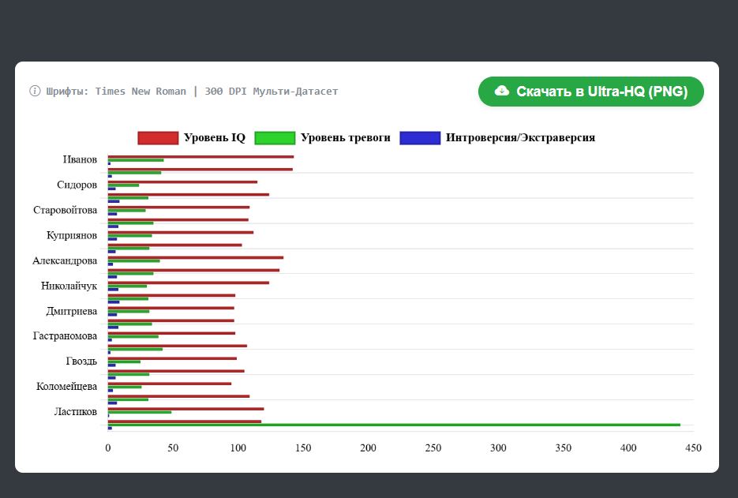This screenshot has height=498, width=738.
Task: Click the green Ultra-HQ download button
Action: coord(590,92)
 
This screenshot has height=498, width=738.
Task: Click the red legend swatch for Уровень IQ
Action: coord(158,138)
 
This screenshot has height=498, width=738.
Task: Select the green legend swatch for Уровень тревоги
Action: coord(275,138)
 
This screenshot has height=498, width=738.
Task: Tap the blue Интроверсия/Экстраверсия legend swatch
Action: coord(420,138)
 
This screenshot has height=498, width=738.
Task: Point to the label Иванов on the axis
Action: coord(80,159)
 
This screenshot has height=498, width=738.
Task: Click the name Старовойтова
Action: coord(65,210)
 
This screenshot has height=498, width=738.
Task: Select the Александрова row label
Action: coord(65,260)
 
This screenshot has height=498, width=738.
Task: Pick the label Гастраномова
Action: coord(65,336)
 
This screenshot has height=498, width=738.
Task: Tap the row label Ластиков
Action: coord(75,412)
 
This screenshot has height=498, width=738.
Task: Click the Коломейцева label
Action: coord(67,387)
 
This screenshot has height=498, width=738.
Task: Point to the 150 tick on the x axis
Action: coord(303,448)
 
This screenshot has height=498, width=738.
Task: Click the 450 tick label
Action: coord(693,448)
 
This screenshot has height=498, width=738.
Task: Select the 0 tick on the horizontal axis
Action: coord(108,448)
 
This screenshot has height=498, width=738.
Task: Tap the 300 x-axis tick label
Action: coord(498,448)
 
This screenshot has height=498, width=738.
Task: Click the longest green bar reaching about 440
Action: coord(394,425)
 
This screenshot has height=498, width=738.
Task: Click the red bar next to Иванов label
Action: coord(201,157)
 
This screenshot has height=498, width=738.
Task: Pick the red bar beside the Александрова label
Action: coord(196,257)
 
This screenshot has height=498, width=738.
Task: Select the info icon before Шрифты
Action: coord(35,91)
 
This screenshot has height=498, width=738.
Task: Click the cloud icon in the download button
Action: coord(502,91)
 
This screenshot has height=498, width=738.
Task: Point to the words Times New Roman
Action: coord(140,92)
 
